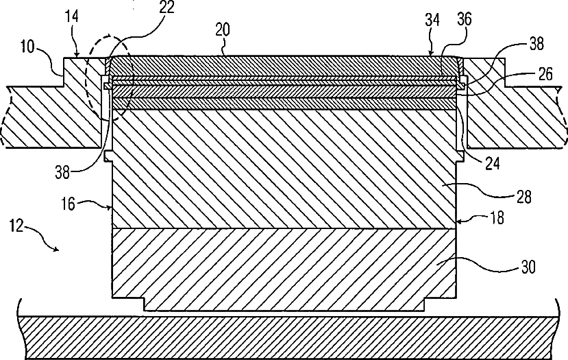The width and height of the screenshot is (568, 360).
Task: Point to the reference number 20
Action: click(x=223, y=31)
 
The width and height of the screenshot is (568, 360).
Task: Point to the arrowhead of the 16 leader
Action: click(x=112, y=206)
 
